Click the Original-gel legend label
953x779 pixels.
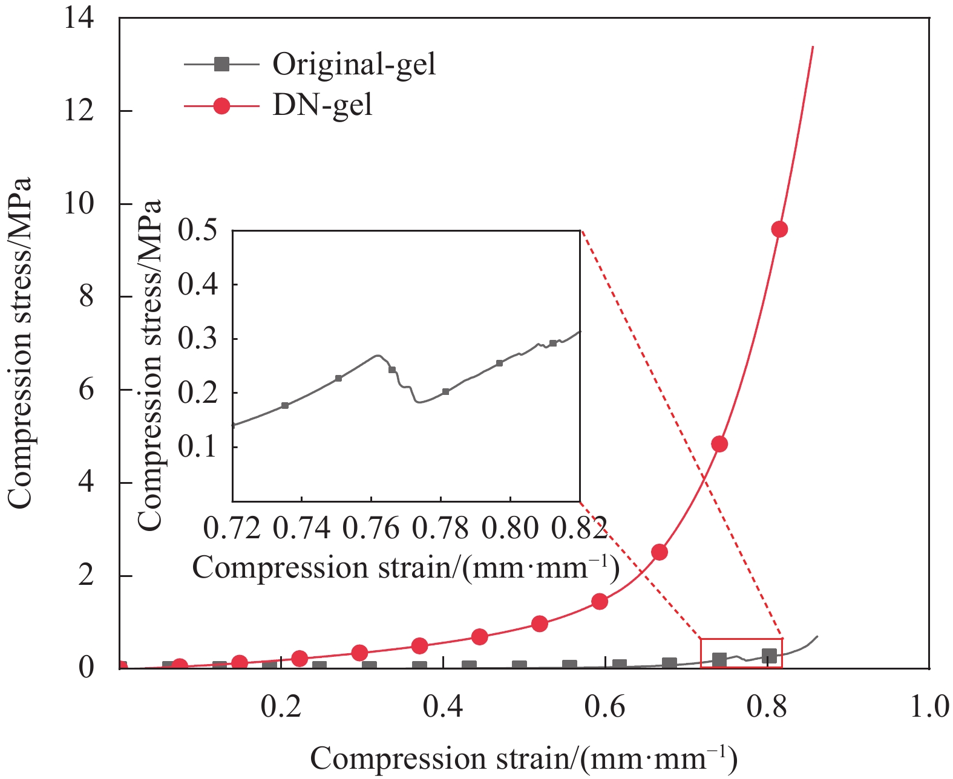point(353,64)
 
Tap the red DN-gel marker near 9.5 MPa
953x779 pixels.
point(779,229)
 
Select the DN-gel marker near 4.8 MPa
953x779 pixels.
point(719,444)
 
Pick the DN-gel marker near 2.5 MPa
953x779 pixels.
point(660,552)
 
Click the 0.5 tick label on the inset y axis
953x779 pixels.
point(197,230)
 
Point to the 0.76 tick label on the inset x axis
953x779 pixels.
point(371,528)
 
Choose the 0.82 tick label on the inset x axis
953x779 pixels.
point(579,528)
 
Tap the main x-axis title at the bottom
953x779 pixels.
point(523,759)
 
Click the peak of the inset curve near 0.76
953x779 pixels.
point(378,355)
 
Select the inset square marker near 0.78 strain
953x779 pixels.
point(446,392)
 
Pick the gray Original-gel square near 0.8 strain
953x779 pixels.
point(769,656)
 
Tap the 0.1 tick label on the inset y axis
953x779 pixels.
point(197,447)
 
